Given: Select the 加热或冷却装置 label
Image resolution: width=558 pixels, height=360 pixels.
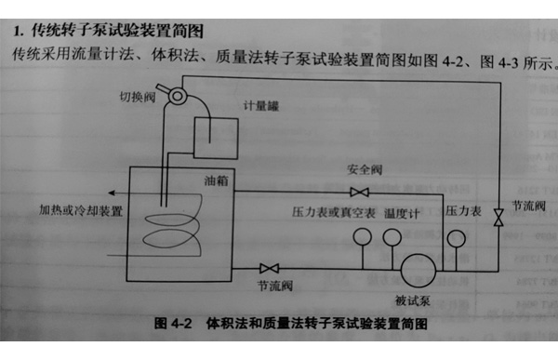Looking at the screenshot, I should click(x=81, y=210).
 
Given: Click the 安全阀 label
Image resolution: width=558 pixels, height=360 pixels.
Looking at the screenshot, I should click(x=359, y=171).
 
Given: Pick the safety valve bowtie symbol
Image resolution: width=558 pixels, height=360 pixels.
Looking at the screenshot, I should click(x=357, y=193).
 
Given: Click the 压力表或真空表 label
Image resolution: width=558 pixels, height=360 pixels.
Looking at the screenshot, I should click(x=333, y=213).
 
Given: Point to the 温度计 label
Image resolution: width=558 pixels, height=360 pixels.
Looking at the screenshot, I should click(x=402, y=213).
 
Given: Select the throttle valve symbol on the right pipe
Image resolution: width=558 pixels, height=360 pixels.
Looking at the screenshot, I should click(x=498, y=219).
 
